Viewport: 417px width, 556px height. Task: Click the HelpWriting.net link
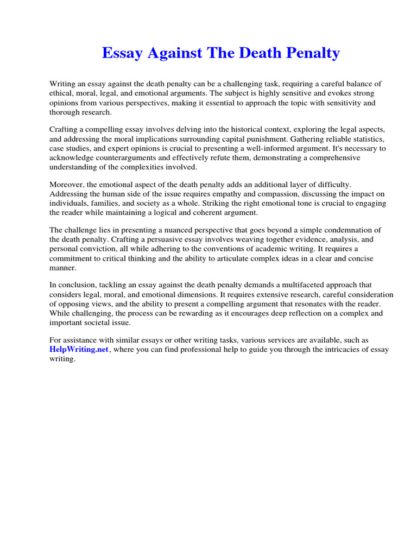pos(79,350)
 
